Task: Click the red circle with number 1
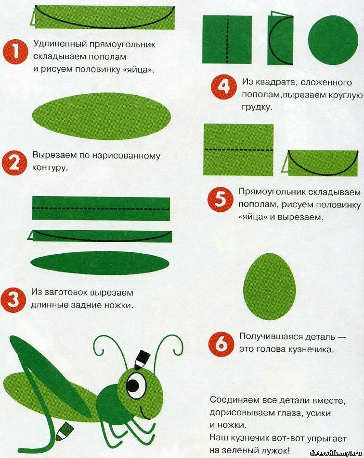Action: [15, 51]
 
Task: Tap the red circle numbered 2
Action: [14, 163]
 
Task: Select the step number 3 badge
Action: [14, 299]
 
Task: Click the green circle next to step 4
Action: [333, 40]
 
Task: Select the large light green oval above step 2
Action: [102, 116]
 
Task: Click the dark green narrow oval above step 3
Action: [100, 263]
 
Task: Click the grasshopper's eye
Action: [136, 384]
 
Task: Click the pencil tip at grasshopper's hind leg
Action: [63, 432]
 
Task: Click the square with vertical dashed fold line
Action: [227, 39]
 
